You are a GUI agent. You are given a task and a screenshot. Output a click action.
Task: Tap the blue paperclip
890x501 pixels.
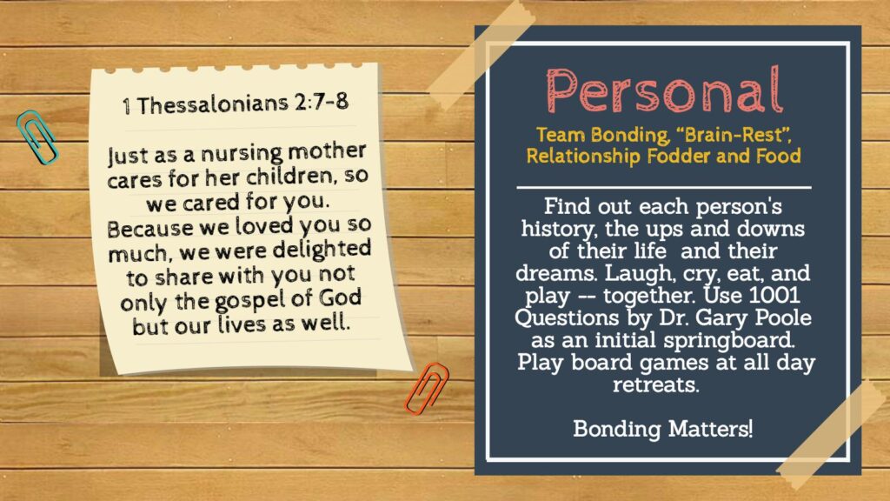click(37, 137)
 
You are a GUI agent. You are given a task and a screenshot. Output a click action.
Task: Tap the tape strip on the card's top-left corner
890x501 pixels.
click(479, 51)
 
